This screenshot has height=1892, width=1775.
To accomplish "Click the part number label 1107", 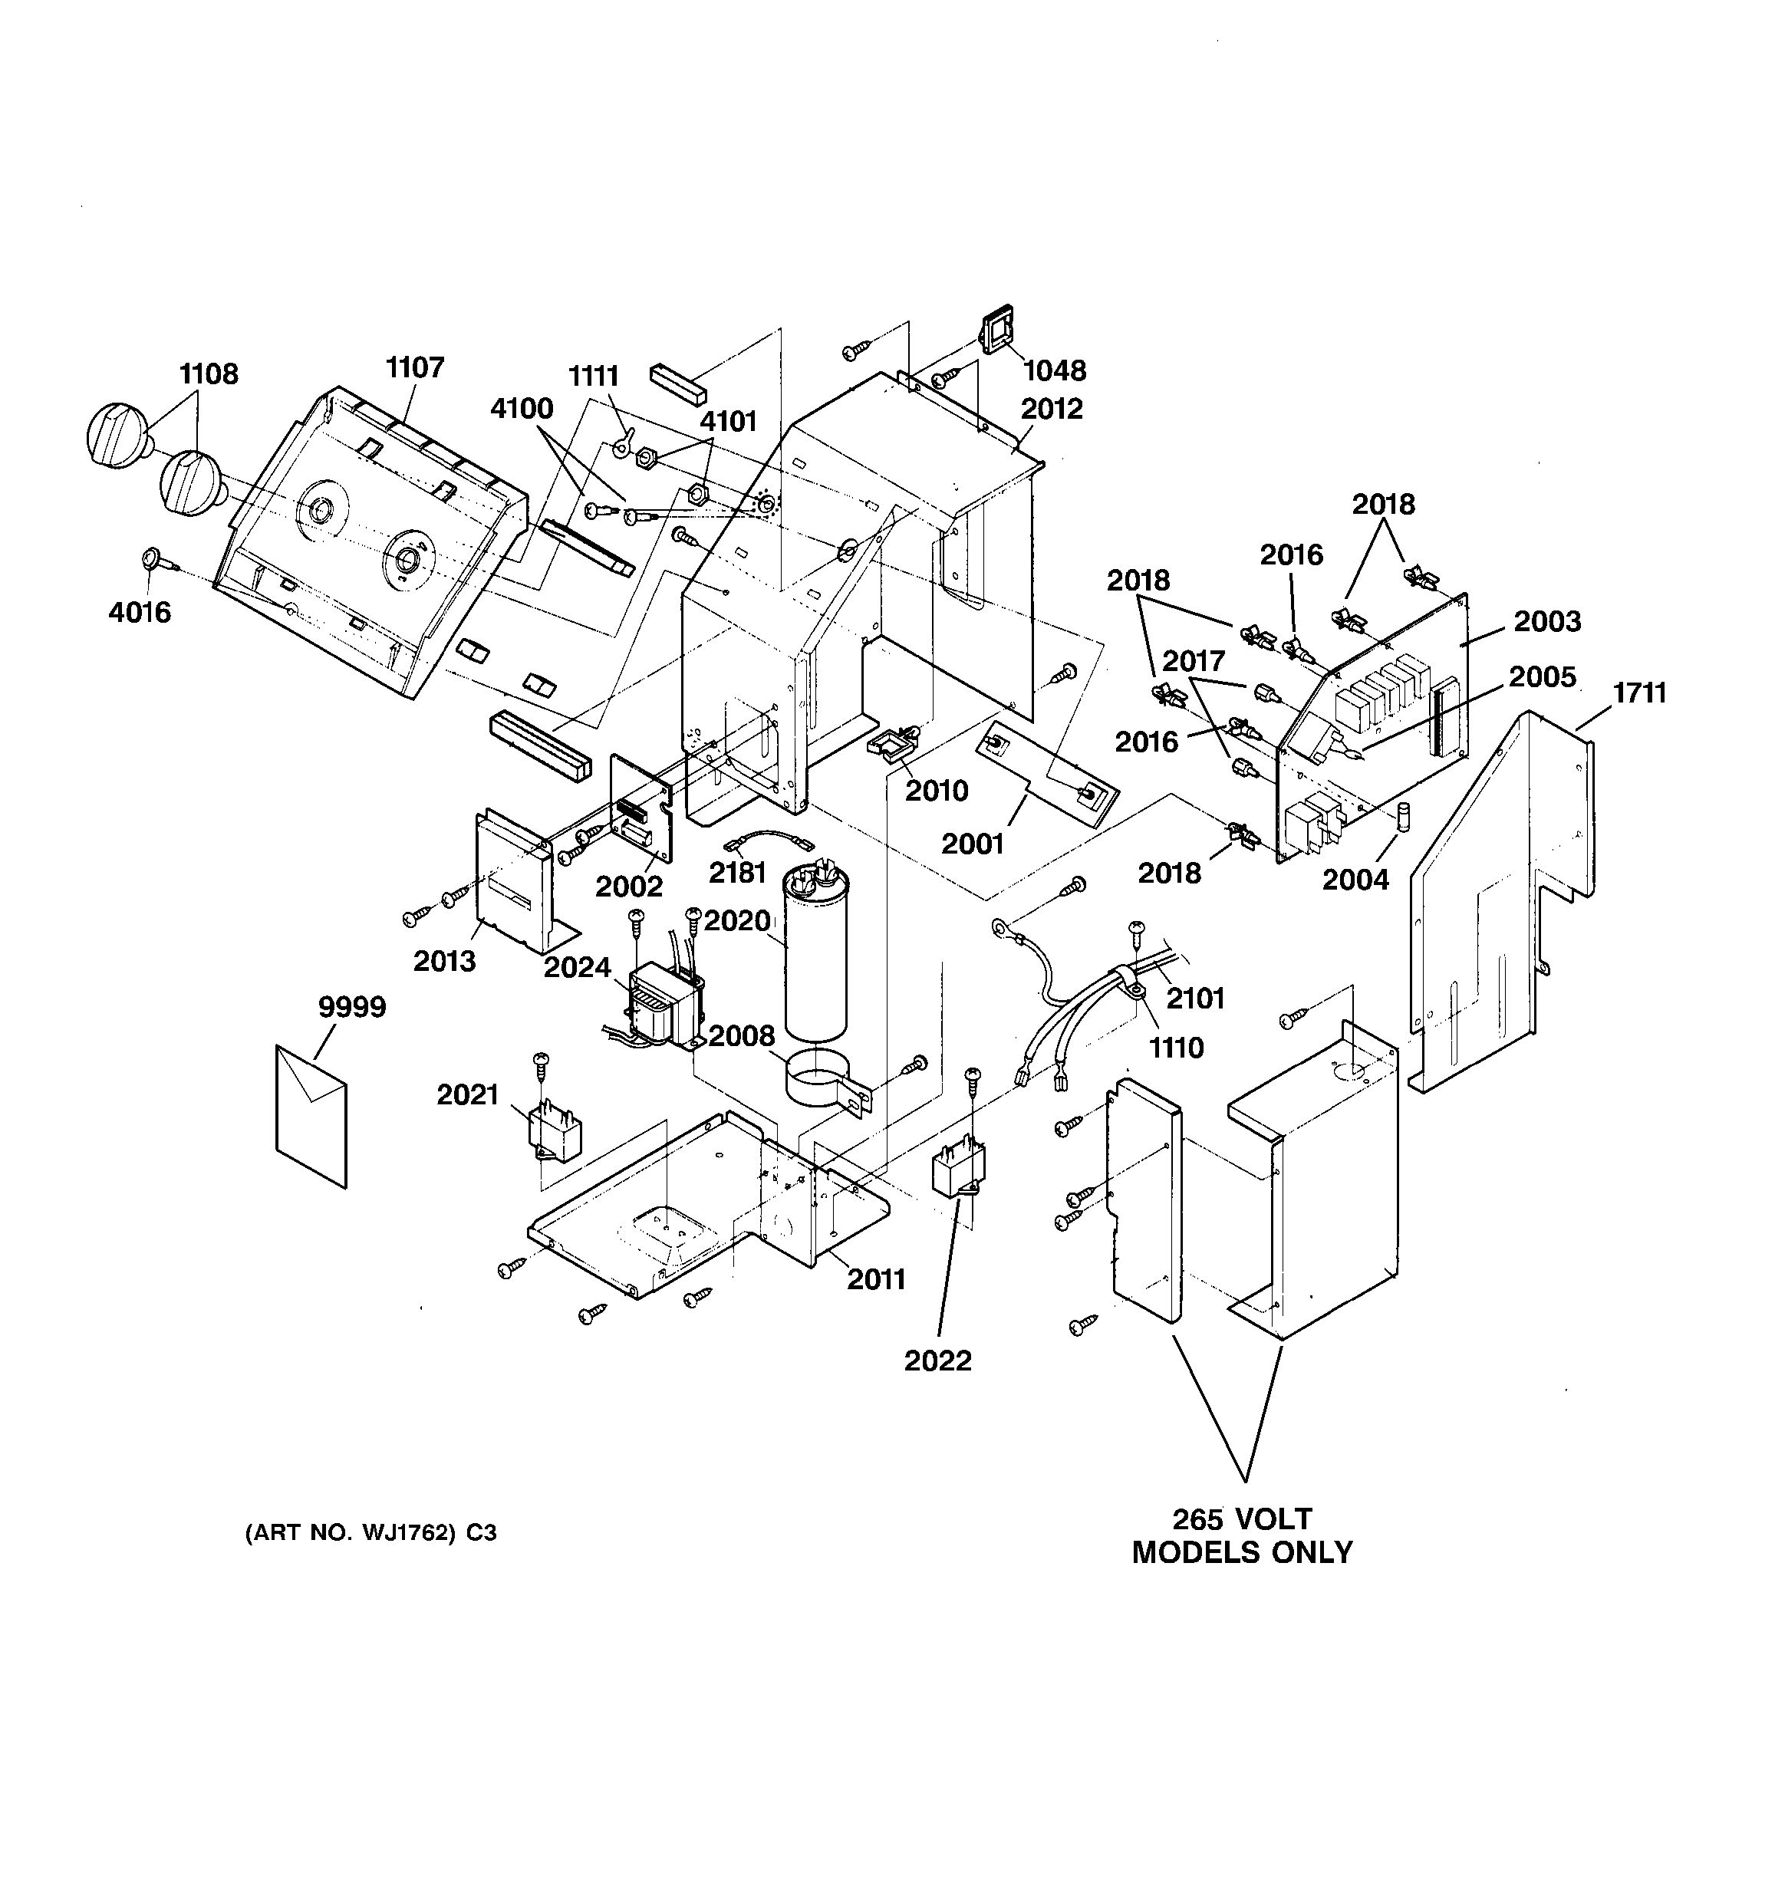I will tap(415, 367).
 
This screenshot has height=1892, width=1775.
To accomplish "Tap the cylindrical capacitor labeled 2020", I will tap(815, 961).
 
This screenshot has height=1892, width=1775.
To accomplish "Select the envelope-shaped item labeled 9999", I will tap(311, 1114).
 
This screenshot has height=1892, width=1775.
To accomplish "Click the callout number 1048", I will tap(1055, 370).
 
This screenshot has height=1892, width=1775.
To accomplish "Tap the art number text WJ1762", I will tap(371, 1532).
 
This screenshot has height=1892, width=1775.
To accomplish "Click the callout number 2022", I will tap(937, 1361).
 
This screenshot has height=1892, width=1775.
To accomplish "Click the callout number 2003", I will tap(1547, 620).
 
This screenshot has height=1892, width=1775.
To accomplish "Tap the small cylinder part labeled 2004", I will tap(1402, 817).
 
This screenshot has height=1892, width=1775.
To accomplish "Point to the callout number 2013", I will tap(443, 961).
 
